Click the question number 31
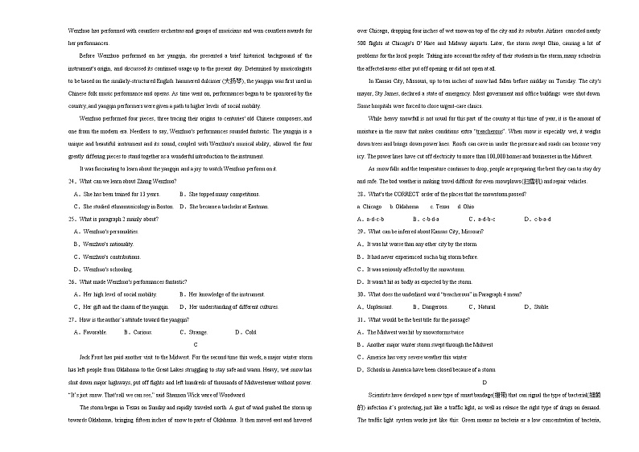(x=361, y=319)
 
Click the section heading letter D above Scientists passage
(x=484, y=382)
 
